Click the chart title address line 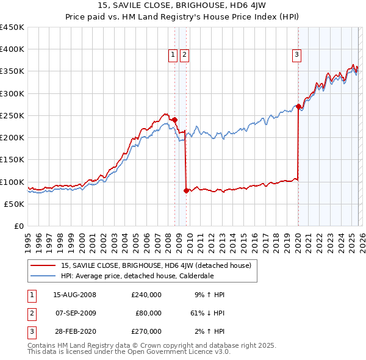tap(182, 5)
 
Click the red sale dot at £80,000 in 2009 tap(186, 190)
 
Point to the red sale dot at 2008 tap(174, 120)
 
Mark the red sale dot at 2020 tap(298, 107)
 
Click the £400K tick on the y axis tap(12, 49)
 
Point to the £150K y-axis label tap(12, 160)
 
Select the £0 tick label tap(18, 226)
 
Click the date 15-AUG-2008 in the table tap(75, 295)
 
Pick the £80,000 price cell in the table tap(148, 313)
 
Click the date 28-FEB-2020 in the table tap(75, 331)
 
